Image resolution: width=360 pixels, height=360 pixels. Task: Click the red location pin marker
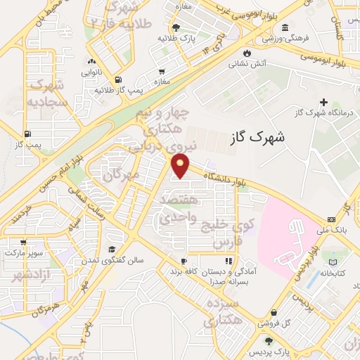tap(181, 166)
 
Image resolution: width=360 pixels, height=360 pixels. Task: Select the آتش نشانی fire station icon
tap(246, 53)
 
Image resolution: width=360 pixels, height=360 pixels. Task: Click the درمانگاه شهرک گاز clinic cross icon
tap(323, 103)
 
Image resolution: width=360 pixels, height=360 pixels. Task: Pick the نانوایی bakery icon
tap(90, 61)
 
